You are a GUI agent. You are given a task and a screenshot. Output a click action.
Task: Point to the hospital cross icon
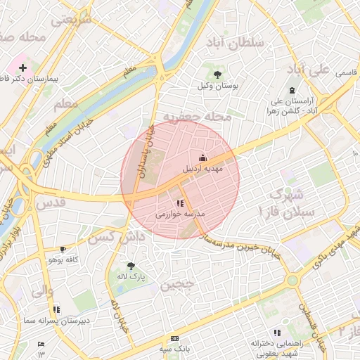click(23, 68)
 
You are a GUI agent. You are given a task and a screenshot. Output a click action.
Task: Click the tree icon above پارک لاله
click(130, 265)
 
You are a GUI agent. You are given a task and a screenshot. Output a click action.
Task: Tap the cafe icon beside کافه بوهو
click(63, 249)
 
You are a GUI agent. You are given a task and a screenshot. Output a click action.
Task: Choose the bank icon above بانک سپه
click(175, 338)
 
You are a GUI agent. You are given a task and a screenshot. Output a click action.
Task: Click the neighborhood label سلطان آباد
click(236, 43)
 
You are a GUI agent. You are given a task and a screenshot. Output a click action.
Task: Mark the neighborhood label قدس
click(50, 202)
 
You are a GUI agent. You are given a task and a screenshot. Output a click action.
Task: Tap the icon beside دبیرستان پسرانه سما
click(56, 309)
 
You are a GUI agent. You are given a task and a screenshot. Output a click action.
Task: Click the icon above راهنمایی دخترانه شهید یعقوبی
click(276, 333)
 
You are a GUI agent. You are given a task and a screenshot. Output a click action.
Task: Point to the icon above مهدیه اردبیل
click(203, 157)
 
